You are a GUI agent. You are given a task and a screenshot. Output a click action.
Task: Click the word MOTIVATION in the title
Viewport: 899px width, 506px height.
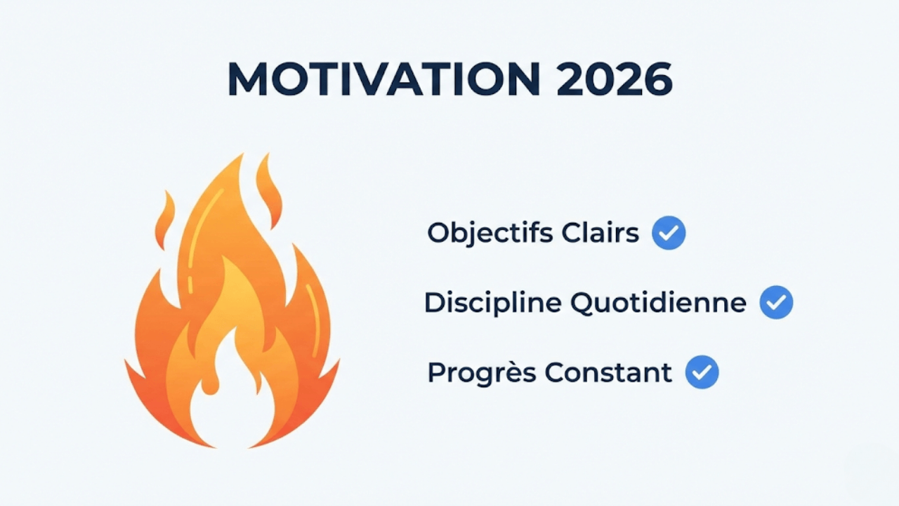pyautogui.click(x=383, y=80)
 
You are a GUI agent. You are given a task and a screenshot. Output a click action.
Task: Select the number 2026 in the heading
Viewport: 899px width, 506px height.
pyautogui.click(x=613, y=80)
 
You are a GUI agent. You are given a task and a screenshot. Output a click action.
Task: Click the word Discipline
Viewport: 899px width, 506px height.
pyautogui.click(x=492, y=303)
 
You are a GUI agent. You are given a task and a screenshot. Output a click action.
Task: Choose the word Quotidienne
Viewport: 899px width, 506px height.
pyautogui.click(x=658, y=303)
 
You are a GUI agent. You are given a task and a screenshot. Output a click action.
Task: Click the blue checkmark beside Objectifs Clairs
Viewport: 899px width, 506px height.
pyautogui.click(x=669, y=233)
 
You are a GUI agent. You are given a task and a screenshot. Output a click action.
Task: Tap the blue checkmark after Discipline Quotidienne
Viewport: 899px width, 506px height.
pyautogui.click(x=776, y=303)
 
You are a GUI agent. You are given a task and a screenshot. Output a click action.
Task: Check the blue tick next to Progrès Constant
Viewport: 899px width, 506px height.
pyautogui.click(x=702, y=372)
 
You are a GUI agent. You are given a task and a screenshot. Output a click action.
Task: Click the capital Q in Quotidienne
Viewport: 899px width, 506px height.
pyautogui.click(x=582, y=303)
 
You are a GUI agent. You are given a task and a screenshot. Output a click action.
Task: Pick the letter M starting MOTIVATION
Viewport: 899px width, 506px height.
pyautogui.click(x=247, y=80)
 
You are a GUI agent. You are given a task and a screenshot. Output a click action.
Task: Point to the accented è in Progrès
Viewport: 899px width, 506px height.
pyautogui.click(x=511, y=372)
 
